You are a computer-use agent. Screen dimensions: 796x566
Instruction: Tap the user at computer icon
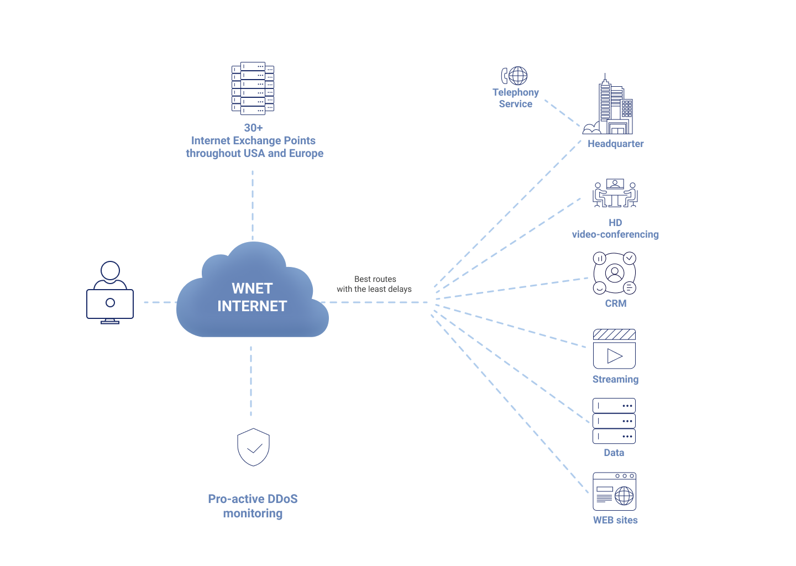(x=110, y=292)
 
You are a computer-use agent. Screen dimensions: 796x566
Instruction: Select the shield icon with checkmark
(x=253, y=447)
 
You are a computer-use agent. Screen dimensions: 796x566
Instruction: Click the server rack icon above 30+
(x=253, y=88)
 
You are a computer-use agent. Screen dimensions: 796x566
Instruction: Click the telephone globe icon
(x=514, y=76)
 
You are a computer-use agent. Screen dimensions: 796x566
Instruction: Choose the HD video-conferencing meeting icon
(x=615, y=193)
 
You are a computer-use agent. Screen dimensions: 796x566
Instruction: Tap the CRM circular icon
(x=615, y=273)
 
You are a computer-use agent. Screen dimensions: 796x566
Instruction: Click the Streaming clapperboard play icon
(x=615, y=349)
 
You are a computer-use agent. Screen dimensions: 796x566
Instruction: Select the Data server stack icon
(x=614, y=421)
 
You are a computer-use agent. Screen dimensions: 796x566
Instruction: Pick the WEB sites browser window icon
(x=615, y=491)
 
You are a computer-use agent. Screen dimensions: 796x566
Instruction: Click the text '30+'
(x=253, y=128)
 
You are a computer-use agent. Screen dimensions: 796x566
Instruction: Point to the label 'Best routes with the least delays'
(x=374, y=284)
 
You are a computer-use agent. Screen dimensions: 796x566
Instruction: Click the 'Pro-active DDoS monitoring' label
(x=253, y=506)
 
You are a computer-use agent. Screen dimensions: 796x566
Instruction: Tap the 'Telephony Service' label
(x=516, y=98)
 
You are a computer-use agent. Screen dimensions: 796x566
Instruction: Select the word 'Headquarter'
(x=615, y=144)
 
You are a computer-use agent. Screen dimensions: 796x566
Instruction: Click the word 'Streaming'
(x=615, y=379)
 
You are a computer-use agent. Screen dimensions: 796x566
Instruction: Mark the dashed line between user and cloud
(x=160, y=302)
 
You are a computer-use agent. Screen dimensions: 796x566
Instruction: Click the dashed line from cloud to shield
(x=251, y=381)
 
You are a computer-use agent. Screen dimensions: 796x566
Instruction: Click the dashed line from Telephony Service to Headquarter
(x=563, y=113)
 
